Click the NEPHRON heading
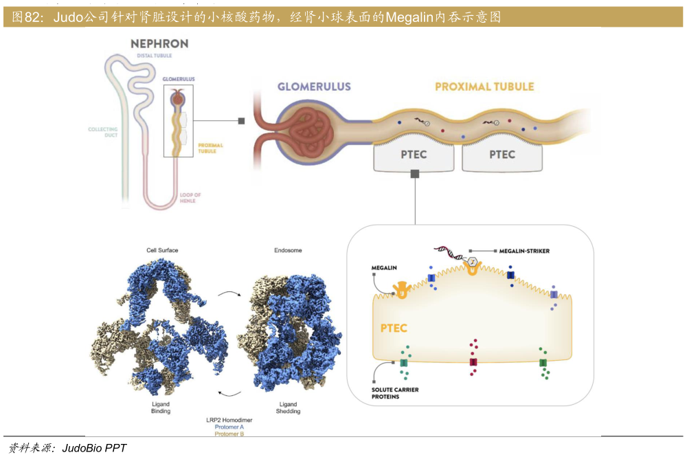[159, 44]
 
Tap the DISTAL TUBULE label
[154, 56]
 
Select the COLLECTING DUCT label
[103, 133]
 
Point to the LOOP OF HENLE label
[190, 198]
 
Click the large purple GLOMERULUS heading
[314, 87]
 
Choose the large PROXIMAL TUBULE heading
[484, 87]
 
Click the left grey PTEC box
[414, 155]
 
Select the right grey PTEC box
[502, 155]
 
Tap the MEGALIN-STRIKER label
[524, 251]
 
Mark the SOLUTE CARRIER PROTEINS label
[395, 393]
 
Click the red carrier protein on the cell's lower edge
[473, 362]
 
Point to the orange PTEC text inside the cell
[394, 328]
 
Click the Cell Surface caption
[162, 250]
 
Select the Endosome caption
[288, 250]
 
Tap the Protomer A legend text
[229, 427]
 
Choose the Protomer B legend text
[229, 434]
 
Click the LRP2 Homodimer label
[229, 420]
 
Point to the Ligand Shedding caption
[288, 408]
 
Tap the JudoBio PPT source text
[94, 448]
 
